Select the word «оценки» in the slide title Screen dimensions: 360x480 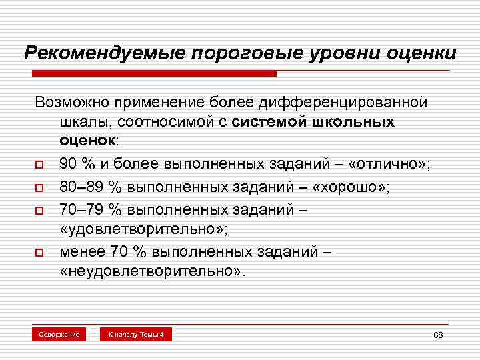click(419, 52)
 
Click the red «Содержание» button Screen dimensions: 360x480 click(60, 333)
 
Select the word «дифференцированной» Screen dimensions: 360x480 click(355, 103)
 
